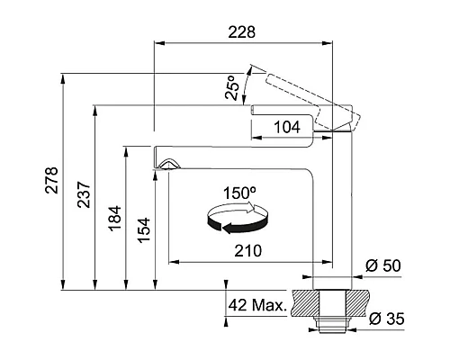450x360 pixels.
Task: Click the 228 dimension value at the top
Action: [241, 32]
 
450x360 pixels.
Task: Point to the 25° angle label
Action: [232, 87]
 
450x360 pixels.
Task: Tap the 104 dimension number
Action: [287, 127]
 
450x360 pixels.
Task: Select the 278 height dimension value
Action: [51, 180]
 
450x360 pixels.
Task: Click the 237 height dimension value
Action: [84, 194]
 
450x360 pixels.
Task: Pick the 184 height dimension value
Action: [115, 219]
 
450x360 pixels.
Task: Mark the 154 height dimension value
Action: [144, 230]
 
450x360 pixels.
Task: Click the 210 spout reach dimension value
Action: [247, 250]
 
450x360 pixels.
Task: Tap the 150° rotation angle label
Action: [239, 193]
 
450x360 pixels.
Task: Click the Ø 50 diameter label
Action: [383, 265]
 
